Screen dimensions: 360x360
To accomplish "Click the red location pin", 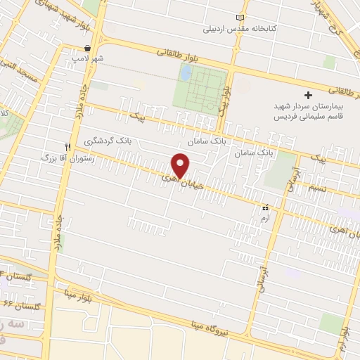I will pyautogui.click(x=181, y=164).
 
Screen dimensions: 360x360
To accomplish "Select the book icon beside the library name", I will pyautogui.click(x=242, y=17).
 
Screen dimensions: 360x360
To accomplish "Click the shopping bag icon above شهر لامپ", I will pyautogui.click(x=86, y=49).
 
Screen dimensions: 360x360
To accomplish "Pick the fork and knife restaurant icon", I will pyautogui.click(x=68, y=147).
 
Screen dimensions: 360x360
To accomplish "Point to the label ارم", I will pyautogui.click(x=264, y=219).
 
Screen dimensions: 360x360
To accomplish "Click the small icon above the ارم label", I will pyautogui.click(x=265, y=208).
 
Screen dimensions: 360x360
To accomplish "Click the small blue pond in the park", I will pyautogui.click(x=185, y=72).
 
